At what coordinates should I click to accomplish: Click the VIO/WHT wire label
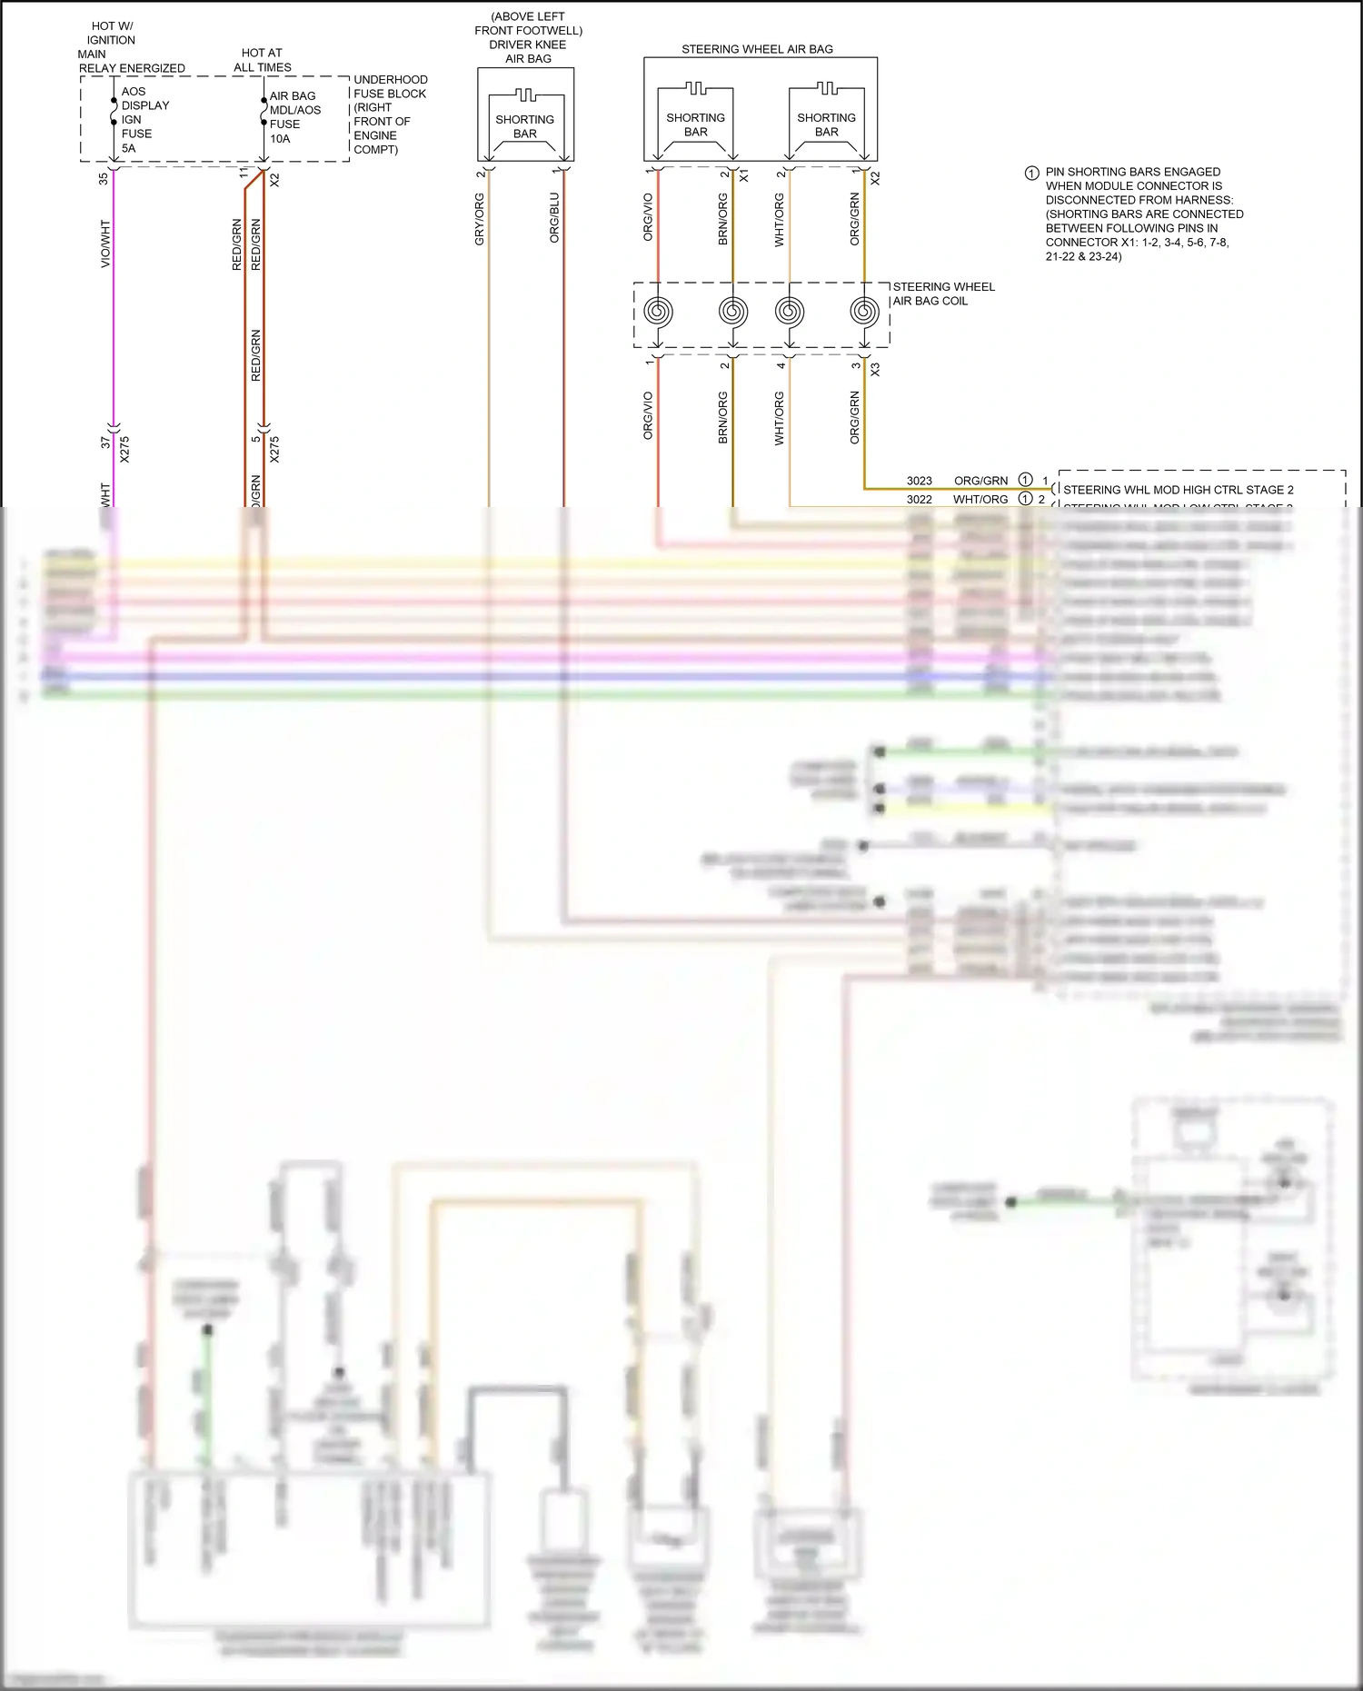pyautogui.click(x=105, y=244)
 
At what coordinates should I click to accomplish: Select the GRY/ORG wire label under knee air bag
pyautogui.click(x=480, y=219)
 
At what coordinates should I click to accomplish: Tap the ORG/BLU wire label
pyautogui.click(x=554, y=217)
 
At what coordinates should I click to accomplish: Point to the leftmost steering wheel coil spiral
pyautogui.click(x=658, y=312)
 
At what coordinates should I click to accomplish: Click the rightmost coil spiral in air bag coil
pyautogui.click(x=864, y=312)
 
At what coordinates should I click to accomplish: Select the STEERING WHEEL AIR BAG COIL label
pyautogui.click(x=943, y=293)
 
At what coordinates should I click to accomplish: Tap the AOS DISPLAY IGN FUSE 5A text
pyautogui.click(x=144, y=119)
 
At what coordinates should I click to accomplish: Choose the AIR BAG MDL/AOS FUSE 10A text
pyautogui.click(x=294, y=117)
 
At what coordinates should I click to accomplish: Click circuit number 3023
pyautogui.click(x=919, y=481)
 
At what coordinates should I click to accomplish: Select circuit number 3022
pyautogui.click(x=919, y=499)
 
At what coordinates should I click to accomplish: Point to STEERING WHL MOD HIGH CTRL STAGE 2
pyautogui.click(x=1178, y=490)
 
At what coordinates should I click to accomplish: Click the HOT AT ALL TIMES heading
pyautogui.click(x=262, y=60)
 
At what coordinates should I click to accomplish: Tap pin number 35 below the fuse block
pyautogui.click(x=104, y=179)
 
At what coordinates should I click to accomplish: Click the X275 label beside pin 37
pyautogui.click(x=124, y=450)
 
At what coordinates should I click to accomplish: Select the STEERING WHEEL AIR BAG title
pyautogui.click(x=757, y=49)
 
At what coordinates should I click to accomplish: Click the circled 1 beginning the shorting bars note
pyautogui.click(x=1031, y=173)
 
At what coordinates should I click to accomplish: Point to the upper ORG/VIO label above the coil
pyautogui.click(x=648, y=217)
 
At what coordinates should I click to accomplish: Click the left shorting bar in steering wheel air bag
pyautogui.click(x=695, y=118)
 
